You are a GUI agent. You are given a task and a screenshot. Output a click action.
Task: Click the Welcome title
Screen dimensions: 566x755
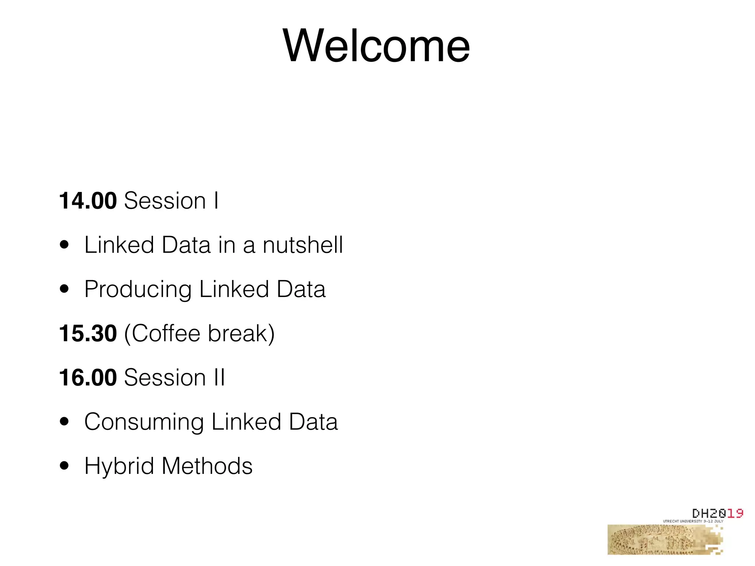coord(376,46)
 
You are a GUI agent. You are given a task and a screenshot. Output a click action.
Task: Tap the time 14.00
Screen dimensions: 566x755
coord(88,201)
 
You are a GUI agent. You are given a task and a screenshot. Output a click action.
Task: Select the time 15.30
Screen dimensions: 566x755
coord(88,333)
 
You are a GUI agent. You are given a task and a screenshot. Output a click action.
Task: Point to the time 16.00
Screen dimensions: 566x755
coord(88,378)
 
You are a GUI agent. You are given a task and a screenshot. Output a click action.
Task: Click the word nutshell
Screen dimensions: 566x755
coord(303,245)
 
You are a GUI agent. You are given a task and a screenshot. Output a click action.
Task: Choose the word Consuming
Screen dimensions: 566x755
coord(144,422)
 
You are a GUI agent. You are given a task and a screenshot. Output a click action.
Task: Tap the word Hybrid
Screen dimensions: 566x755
coord(119,467)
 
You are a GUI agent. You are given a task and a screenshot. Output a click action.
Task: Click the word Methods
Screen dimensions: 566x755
coord(207,466)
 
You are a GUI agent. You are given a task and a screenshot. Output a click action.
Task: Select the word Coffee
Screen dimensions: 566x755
coord(166,333)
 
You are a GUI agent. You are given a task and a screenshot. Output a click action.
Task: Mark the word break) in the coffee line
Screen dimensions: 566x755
coord(241,334)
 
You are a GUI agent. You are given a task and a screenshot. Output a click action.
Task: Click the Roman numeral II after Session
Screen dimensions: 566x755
coord(219,378)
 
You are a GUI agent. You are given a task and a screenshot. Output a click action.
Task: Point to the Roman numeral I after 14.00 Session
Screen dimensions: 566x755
coord(216,201)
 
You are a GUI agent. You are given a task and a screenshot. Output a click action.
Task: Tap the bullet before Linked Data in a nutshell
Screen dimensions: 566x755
coord(65,245)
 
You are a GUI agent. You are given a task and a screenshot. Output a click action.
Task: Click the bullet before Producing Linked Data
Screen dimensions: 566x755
coord(65,289)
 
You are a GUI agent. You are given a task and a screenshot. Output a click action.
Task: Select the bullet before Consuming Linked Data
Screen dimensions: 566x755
coord(65,422)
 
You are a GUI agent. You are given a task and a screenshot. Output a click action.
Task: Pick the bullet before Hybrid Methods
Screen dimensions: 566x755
coord(65,466)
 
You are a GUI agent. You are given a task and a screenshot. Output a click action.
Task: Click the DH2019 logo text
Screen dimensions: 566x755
coord(717,513)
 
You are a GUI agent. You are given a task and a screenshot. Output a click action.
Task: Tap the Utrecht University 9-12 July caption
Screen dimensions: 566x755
coord(693,521)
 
